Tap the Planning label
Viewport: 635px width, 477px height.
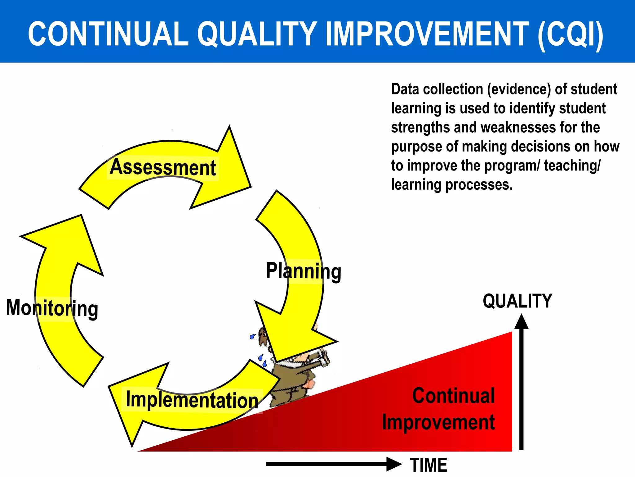(x=304, y=271)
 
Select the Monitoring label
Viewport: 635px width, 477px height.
(x=52, y=308)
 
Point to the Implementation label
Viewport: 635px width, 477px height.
(x=192, y=400)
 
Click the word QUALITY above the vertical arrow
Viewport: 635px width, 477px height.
(x=517, y=301)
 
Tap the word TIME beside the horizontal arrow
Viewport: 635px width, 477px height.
(x=429, y=465)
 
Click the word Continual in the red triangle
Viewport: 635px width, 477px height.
(x=453, y=396)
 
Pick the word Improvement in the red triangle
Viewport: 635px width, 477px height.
(x=438, y=422)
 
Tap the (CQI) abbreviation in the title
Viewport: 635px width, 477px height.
(x=571, y=34)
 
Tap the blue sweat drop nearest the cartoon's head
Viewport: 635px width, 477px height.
(x=253, y=336)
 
